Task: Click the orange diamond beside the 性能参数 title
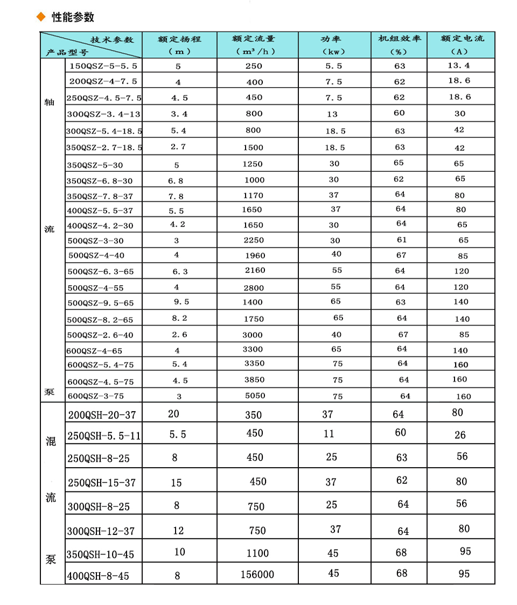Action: (x=40, y=17)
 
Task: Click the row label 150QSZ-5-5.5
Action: (x=103, y=66)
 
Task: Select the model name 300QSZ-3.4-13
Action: (x=103, y=114)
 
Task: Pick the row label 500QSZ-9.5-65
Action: (x=101, y=304)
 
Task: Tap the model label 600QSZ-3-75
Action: (x=95, y=396)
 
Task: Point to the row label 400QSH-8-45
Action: (x=98, y=576)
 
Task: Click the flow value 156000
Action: (x=257, y=575)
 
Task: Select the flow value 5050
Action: (x=255, y=396)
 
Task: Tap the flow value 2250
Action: (x=254, y=241)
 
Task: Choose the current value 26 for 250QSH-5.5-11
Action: (x=460, y=435)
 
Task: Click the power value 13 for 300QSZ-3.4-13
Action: (x=333, y=114)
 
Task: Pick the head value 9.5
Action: (x=181, y=302)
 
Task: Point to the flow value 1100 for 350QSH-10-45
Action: (x=257, y=553)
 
